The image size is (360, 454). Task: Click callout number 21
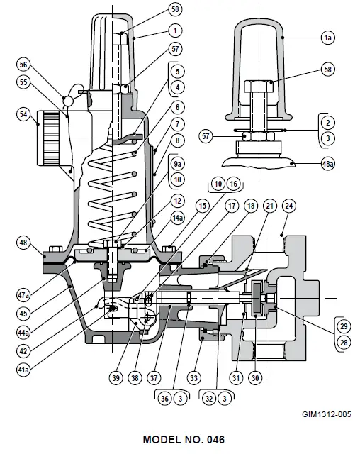pos(269,205)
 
